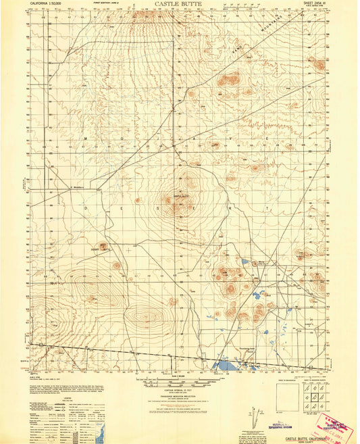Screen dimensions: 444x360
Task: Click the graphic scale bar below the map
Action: click(x=179, y=383)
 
